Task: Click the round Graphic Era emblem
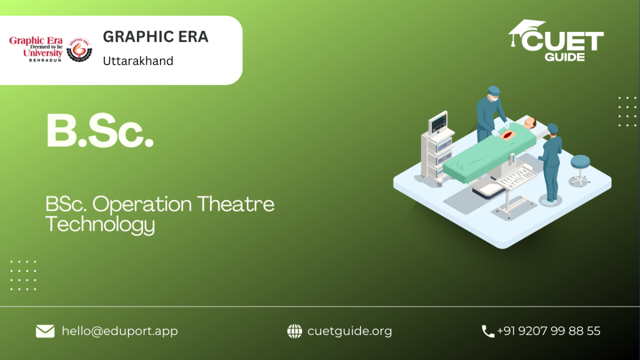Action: [79, 50]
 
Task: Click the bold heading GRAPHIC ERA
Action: [156, 37]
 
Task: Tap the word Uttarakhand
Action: [138, 61]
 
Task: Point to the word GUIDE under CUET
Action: [565, 57]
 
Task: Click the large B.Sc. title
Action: [100, 131]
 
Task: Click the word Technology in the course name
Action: [100, 225]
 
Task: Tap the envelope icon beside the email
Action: [45, 331]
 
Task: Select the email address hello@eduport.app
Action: [119, 331]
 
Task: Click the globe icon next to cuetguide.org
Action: [294, 331]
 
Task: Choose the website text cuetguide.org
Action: [350, 331]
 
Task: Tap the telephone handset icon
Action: [487, 331]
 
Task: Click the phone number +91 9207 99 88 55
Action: [549, 331]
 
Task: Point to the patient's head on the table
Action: [531, 123]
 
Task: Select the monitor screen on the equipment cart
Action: [438, 123]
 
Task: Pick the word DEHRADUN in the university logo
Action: [45, 60]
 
